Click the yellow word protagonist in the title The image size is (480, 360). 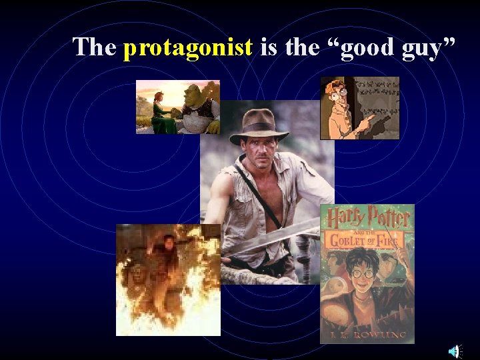click(189, 47)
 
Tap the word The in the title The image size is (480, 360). click(95, 47)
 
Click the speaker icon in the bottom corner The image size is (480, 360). click(454, 351)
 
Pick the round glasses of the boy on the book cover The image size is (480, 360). click(363, 273)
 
